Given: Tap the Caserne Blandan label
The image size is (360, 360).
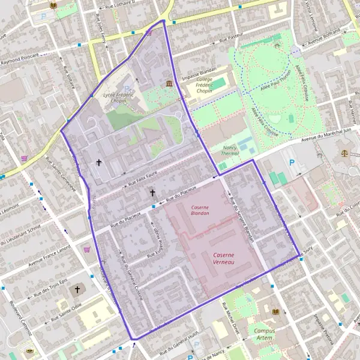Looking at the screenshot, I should [x=200, y=209].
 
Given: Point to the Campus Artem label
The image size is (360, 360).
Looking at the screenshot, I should [x=265, y=334].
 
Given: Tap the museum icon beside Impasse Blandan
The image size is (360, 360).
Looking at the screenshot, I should [x=170, y=83].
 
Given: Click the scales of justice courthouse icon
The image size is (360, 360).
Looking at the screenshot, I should [x=344, y=153].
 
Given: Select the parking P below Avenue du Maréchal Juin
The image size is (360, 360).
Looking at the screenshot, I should [x=292, y=163].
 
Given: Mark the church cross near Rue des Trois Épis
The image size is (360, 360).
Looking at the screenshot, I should [x=77, y=290].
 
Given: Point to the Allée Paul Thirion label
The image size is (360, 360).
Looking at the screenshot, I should [x=277, y=83].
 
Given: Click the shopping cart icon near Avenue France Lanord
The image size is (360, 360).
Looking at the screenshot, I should [x=88, y=249].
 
